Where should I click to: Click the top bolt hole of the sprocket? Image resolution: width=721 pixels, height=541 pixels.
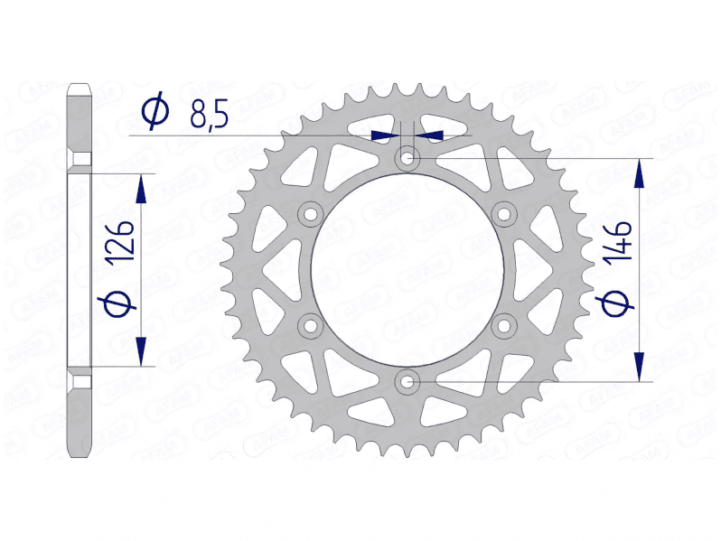pyautogui.click(x=407, y=158)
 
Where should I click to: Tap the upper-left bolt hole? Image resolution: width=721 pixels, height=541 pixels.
pyautogui.click(x=311, y=213)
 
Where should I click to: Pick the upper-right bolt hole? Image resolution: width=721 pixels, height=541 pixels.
pyautogui.click(x=504, y=213)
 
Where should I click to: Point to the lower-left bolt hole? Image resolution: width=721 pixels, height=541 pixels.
pyautogui.click(x=311, y=325)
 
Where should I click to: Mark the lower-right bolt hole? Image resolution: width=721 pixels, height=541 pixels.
pyautogui.click(x=504, y=325)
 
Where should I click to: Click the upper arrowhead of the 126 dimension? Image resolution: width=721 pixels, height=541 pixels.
pyautogui.click(x=140, y=189)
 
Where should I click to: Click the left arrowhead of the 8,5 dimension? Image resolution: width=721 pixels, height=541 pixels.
pyautogui.click(x=386, y=135)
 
